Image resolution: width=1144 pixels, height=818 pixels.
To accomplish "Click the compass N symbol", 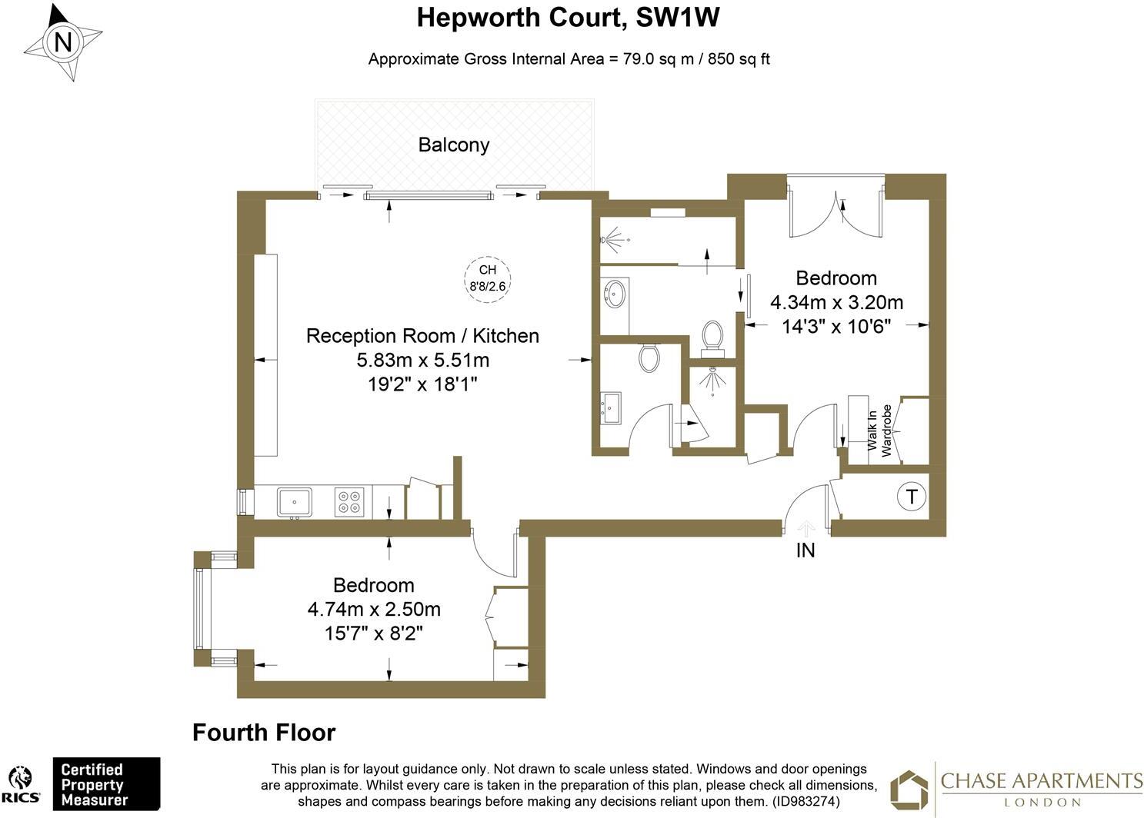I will point(62,42).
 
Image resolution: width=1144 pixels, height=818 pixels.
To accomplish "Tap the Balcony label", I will point(453,145).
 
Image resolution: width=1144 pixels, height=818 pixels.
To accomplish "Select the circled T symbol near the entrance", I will point(911,497).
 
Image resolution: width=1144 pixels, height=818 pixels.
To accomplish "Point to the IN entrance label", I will point(805,550).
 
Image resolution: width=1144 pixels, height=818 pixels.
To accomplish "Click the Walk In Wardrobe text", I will point(879,431).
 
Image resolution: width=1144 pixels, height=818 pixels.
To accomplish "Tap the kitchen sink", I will point(294,501).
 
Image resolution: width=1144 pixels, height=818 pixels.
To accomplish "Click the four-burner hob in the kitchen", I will point(349,502).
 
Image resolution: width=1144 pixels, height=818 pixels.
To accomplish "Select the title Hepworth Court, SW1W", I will point(568,18).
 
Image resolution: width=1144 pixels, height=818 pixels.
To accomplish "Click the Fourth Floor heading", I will point(264,733).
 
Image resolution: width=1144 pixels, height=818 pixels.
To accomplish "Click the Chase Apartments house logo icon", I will point(909,790).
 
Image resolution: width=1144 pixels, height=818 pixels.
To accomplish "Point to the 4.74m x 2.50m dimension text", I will point(374,610).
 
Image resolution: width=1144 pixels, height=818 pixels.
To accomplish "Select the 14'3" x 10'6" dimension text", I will point(836,326).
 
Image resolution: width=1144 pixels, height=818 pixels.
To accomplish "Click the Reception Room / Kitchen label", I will point(422,336).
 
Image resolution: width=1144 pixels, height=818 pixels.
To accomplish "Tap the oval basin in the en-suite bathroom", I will point(615,294).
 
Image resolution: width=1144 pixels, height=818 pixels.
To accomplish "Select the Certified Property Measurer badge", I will point(105,784).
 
